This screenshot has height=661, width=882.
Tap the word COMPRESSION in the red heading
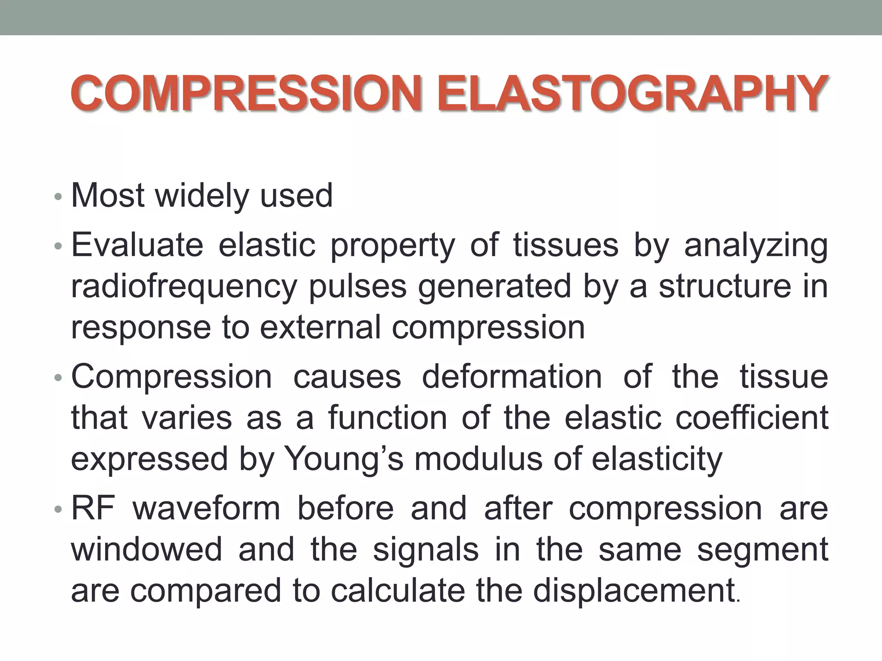click(246, 93)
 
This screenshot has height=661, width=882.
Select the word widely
click(202, 196)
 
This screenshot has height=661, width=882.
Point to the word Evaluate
click(137, 245)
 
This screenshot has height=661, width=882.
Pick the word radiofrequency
click(184, 287)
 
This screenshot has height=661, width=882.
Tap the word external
click(320, 327)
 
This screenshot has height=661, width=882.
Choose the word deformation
click(512, 377)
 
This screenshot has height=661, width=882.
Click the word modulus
click(478, 459)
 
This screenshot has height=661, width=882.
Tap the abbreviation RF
click(93, 508)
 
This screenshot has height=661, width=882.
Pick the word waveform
click(206, 508)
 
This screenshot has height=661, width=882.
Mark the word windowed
click(146, 550)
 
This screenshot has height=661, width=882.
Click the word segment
click(763, 550)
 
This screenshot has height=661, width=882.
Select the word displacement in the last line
click(634, 590)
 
